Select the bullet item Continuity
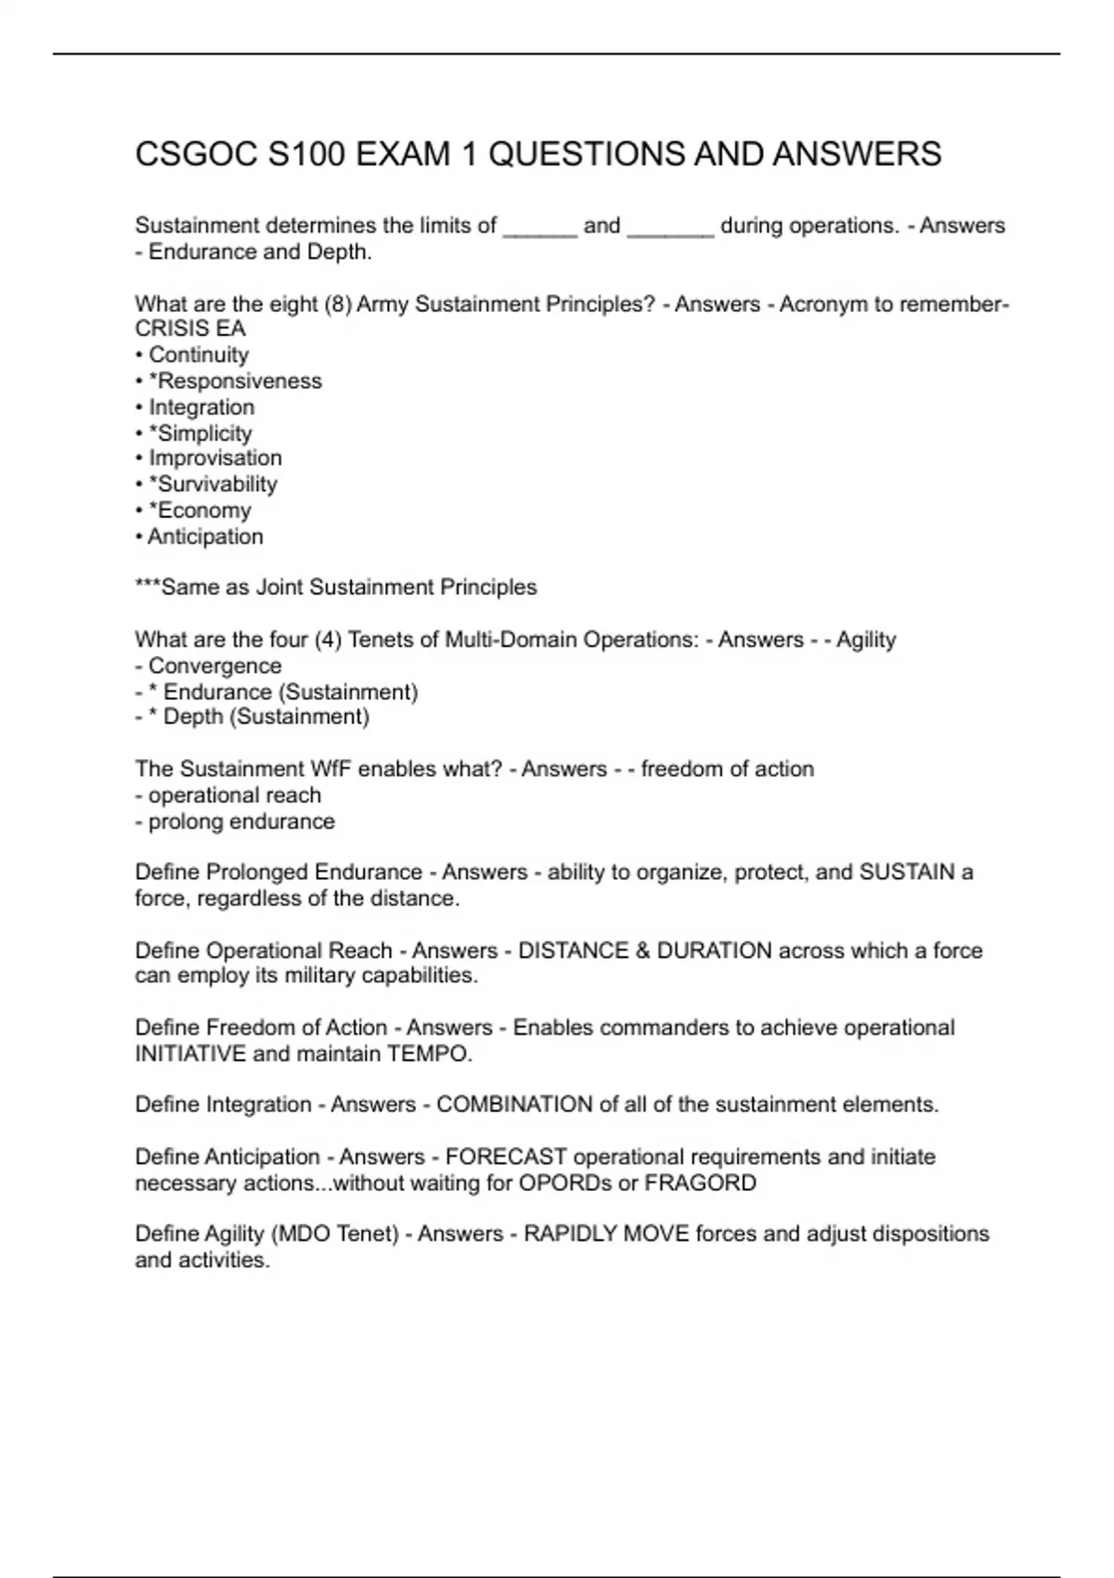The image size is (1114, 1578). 199,355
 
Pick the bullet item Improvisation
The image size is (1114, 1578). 215,458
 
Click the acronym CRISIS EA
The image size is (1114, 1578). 190,329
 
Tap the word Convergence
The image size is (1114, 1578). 214,666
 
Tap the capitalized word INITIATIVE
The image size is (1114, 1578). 190,1054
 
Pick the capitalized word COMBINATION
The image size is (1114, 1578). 514,1105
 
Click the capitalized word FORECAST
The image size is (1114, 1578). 506,1157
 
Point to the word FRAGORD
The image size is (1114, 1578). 700,1183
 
